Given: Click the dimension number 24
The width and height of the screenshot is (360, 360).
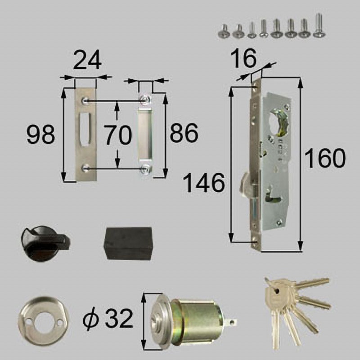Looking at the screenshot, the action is coord(87,60).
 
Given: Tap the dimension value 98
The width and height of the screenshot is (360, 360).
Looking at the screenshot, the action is coord(41,135).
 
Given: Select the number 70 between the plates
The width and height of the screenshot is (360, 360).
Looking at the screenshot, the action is coord(118,135).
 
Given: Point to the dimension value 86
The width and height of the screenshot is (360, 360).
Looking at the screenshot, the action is coord(184,133).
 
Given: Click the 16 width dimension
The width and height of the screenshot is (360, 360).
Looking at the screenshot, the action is coord(243,58).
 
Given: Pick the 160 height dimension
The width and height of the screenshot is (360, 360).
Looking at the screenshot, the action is coord(325,158).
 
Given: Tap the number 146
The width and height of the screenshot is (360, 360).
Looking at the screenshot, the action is coord(204,183).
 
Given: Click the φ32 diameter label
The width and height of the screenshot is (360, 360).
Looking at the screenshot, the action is coord(108,319).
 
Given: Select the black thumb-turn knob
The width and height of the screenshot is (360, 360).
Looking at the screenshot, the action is coord(45,243).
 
